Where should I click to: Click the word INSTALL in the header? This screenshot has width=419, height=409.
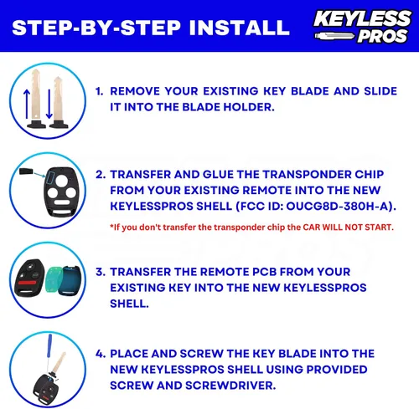point(239,28)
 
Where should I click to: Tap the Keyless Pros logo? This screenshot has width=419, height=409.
point(363,27)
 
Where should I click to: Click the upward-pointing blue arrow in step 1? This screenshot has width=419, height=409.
point(27,104)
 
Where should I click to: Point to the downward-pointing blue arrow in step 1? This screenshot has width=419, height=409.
point(49,104)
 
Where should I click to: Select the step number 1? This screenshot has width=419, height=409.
point(99,91)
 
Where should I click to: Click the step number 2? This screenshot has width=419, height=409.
point(100,175)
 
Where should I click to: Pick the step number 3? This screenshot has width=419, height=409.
point(100,272)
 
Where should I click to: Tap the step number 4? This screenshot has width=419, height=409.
point(100,354)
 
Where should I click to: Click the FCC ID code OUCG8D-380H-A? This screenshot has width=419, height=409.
point(338,207)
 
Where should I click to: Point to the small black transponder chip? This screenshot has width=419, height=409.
point(27,171)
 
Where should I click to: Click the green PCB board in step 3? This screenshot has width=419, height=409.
point(54,279)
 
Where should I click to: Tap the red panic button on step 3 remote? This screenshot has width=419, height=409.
point(28,283)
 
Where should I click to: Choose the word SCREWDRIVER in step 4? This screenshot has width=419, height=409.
point(230,386)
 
